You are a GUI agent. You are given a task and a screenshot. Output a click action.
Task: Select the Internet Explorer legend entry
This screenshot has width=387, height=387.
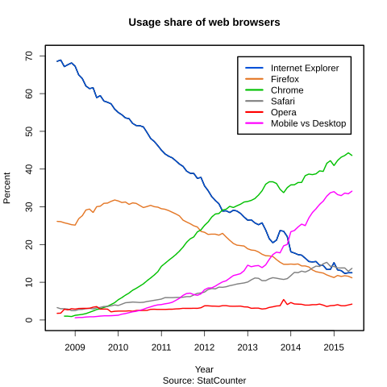304,67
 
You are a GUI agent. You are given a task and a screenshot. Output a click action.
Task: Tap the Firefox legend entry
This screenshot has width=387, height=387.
285,78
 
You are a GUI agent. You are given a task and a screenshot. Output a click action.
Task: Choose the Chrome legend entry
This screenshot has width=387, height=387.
287,89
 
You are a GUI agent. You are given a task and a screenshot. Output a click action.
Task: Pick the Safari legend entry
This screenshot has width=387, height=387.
283,101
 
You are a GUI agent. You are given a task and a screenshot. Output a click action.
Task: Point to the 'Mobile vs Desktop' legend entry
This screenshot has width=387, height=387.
308,123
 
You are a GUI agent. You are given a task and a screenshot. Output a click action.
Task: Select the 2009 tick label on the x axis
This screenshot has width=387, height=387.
75,347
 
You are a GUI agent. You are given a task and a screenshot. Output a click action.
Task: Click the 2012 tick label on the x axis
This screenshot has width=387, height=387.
204,347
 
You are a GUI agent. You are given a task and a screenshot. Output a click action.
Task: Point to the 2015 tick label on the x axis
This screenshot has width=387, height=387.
334,347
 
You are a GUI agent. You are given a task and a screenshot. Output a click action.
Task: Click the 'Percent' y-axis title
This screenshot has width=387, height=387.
8,187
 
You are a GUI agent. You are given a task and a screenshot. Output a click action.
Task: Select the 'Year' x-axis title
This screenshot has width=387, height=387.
204,368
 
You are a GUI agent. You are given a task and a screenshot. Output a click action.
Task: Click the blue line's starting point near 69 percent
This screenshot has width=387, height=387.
57,60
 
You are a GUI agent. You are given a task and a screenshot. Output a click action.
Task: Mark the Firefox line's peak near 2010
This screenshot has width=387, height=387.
115,199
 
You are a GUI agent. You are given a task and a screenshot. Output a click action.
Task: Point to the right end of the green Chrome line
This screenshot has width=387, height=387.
352,155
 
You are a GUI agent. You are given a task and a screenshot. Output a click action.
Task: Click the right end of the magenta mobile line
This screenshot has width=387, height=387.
352,191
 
